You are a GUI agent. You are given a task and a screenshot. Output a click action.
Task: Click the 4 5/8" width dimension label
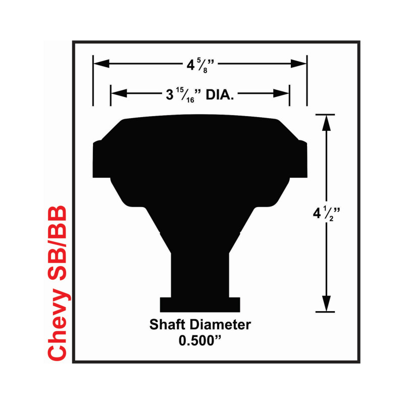pos(200,66)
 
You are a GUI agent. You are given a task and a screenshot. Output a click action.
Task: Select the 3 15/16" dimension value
pos(183,94)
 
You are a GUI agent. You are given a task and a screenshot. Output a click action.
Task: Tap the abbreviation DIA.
pos(220,95)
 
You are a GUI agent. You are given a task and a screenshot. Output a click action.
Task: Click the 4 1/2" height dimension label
pos(326,214)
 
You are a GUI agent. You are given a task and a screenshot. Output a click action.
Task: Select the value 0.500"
pos(200,340)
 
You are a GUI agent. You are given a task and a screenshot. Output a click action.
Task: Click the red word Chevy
pos(57,324)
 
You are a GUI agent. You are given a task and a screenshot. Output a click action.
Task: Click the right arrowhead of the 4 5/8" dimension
pos(298,64)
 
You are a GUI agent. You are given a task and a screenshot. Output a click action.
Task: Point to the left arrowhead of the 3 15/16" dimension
pos(119,93)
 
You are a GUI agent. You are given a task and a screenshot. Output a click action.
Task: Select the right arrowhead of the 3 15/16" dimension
pos(281,93)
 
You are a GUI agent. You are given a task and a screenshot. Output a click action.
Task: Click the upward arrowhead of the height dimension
pos(326,123)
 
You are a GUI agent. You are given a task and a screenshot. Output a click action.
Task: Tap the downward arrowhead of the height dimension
pos(326,304)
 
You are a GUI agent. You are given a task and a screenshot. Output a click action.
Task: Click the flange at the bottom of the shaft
pos(200,305)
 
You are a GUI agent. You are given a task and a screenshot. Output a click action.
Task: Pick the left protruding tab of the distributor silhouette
pos(102,159)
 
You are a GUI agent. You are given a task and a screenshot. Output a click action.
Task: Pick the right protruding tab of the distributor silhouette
pos(298,159)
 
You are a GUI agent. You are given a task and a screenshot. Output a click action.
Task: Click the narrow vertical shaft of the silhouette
pos(200,275)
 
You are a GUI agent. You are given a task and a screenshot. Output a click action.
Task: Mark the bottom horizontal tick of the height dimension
pos(325,312)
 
